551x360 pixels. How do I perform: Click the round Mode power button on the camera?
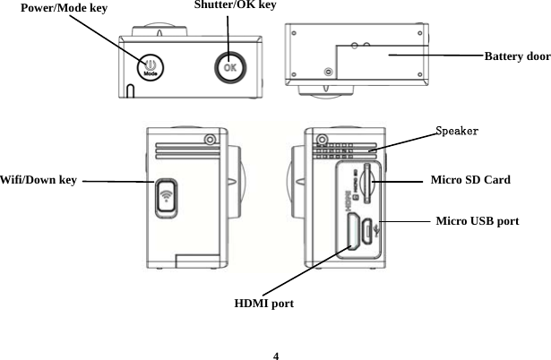click(x=150, y=68)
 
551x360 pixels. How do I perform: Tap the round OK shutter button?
click(x=229, y=67)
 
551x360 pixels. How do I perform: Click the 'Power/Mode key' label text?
click(x=64, y=8)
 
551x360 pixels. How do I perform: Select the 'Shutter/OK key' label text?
click(x=235, y=6)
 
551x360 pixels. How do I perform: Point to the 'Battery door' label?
click(x=517, y=56)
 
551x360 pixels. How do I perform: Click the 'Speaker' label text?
click(x=456, y=132)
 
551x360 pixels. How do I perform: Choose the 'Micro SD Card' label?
click(x=470, y=180)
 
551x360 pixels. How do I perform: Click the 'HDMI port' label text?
click(x=264, y=304)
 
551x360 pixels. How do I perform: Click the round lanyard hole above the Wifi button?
click(x=210, y=139)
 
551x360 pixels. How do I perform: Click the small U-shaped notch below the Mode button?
click(x=130, y=91)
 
